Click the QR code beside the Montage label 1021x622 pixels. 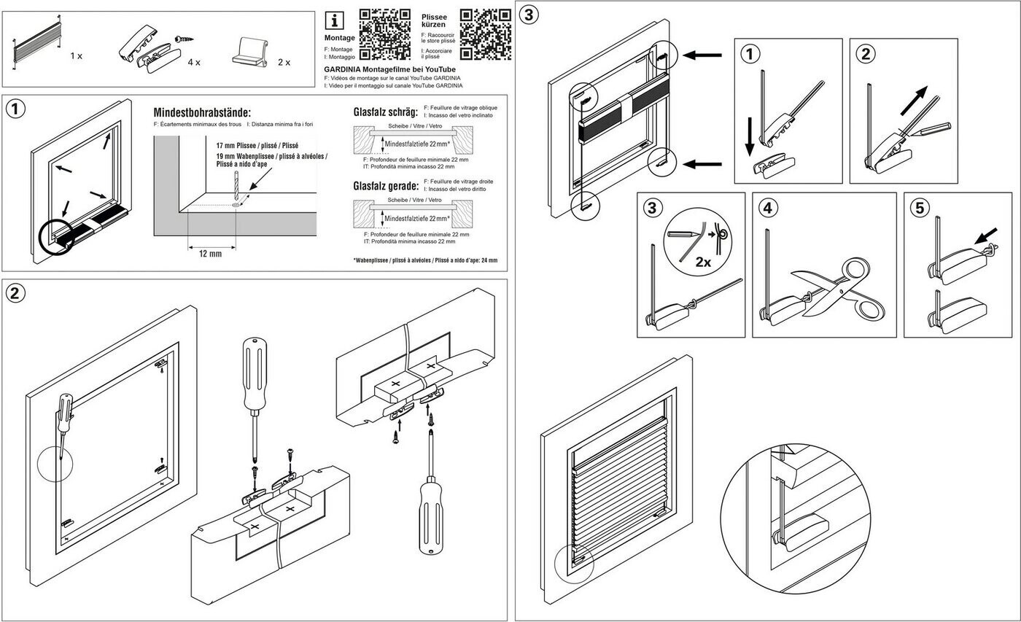[385, 34]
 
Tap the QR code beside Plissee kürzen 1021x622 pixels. [486, 34]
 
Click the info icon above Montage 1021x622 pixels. [334, 21]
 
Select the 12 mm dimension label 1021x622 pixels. [210, 254]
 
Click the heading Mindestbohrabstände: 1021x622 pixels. [202, 112]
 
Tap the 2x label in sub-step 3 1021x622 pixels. [703, 263]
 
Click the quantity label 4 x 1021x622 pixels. [194, 63]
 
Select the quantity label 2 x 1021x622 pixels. [284, 63]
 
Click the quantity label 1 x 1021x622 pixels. [76, 56]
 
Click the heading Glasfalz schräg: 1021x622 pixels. [386, 112]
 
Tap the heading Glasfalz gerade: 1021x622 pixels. [386, 186]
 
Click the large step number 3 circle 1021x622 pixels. [529, 15]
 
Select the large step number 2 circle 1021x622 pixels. [15, 293]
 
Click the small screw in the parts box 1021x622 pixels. [184, 39]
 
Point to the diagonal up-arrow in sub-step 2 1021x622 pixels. [914, 101]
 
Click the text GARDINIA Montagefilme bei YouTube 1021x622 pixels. [389, 69]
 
